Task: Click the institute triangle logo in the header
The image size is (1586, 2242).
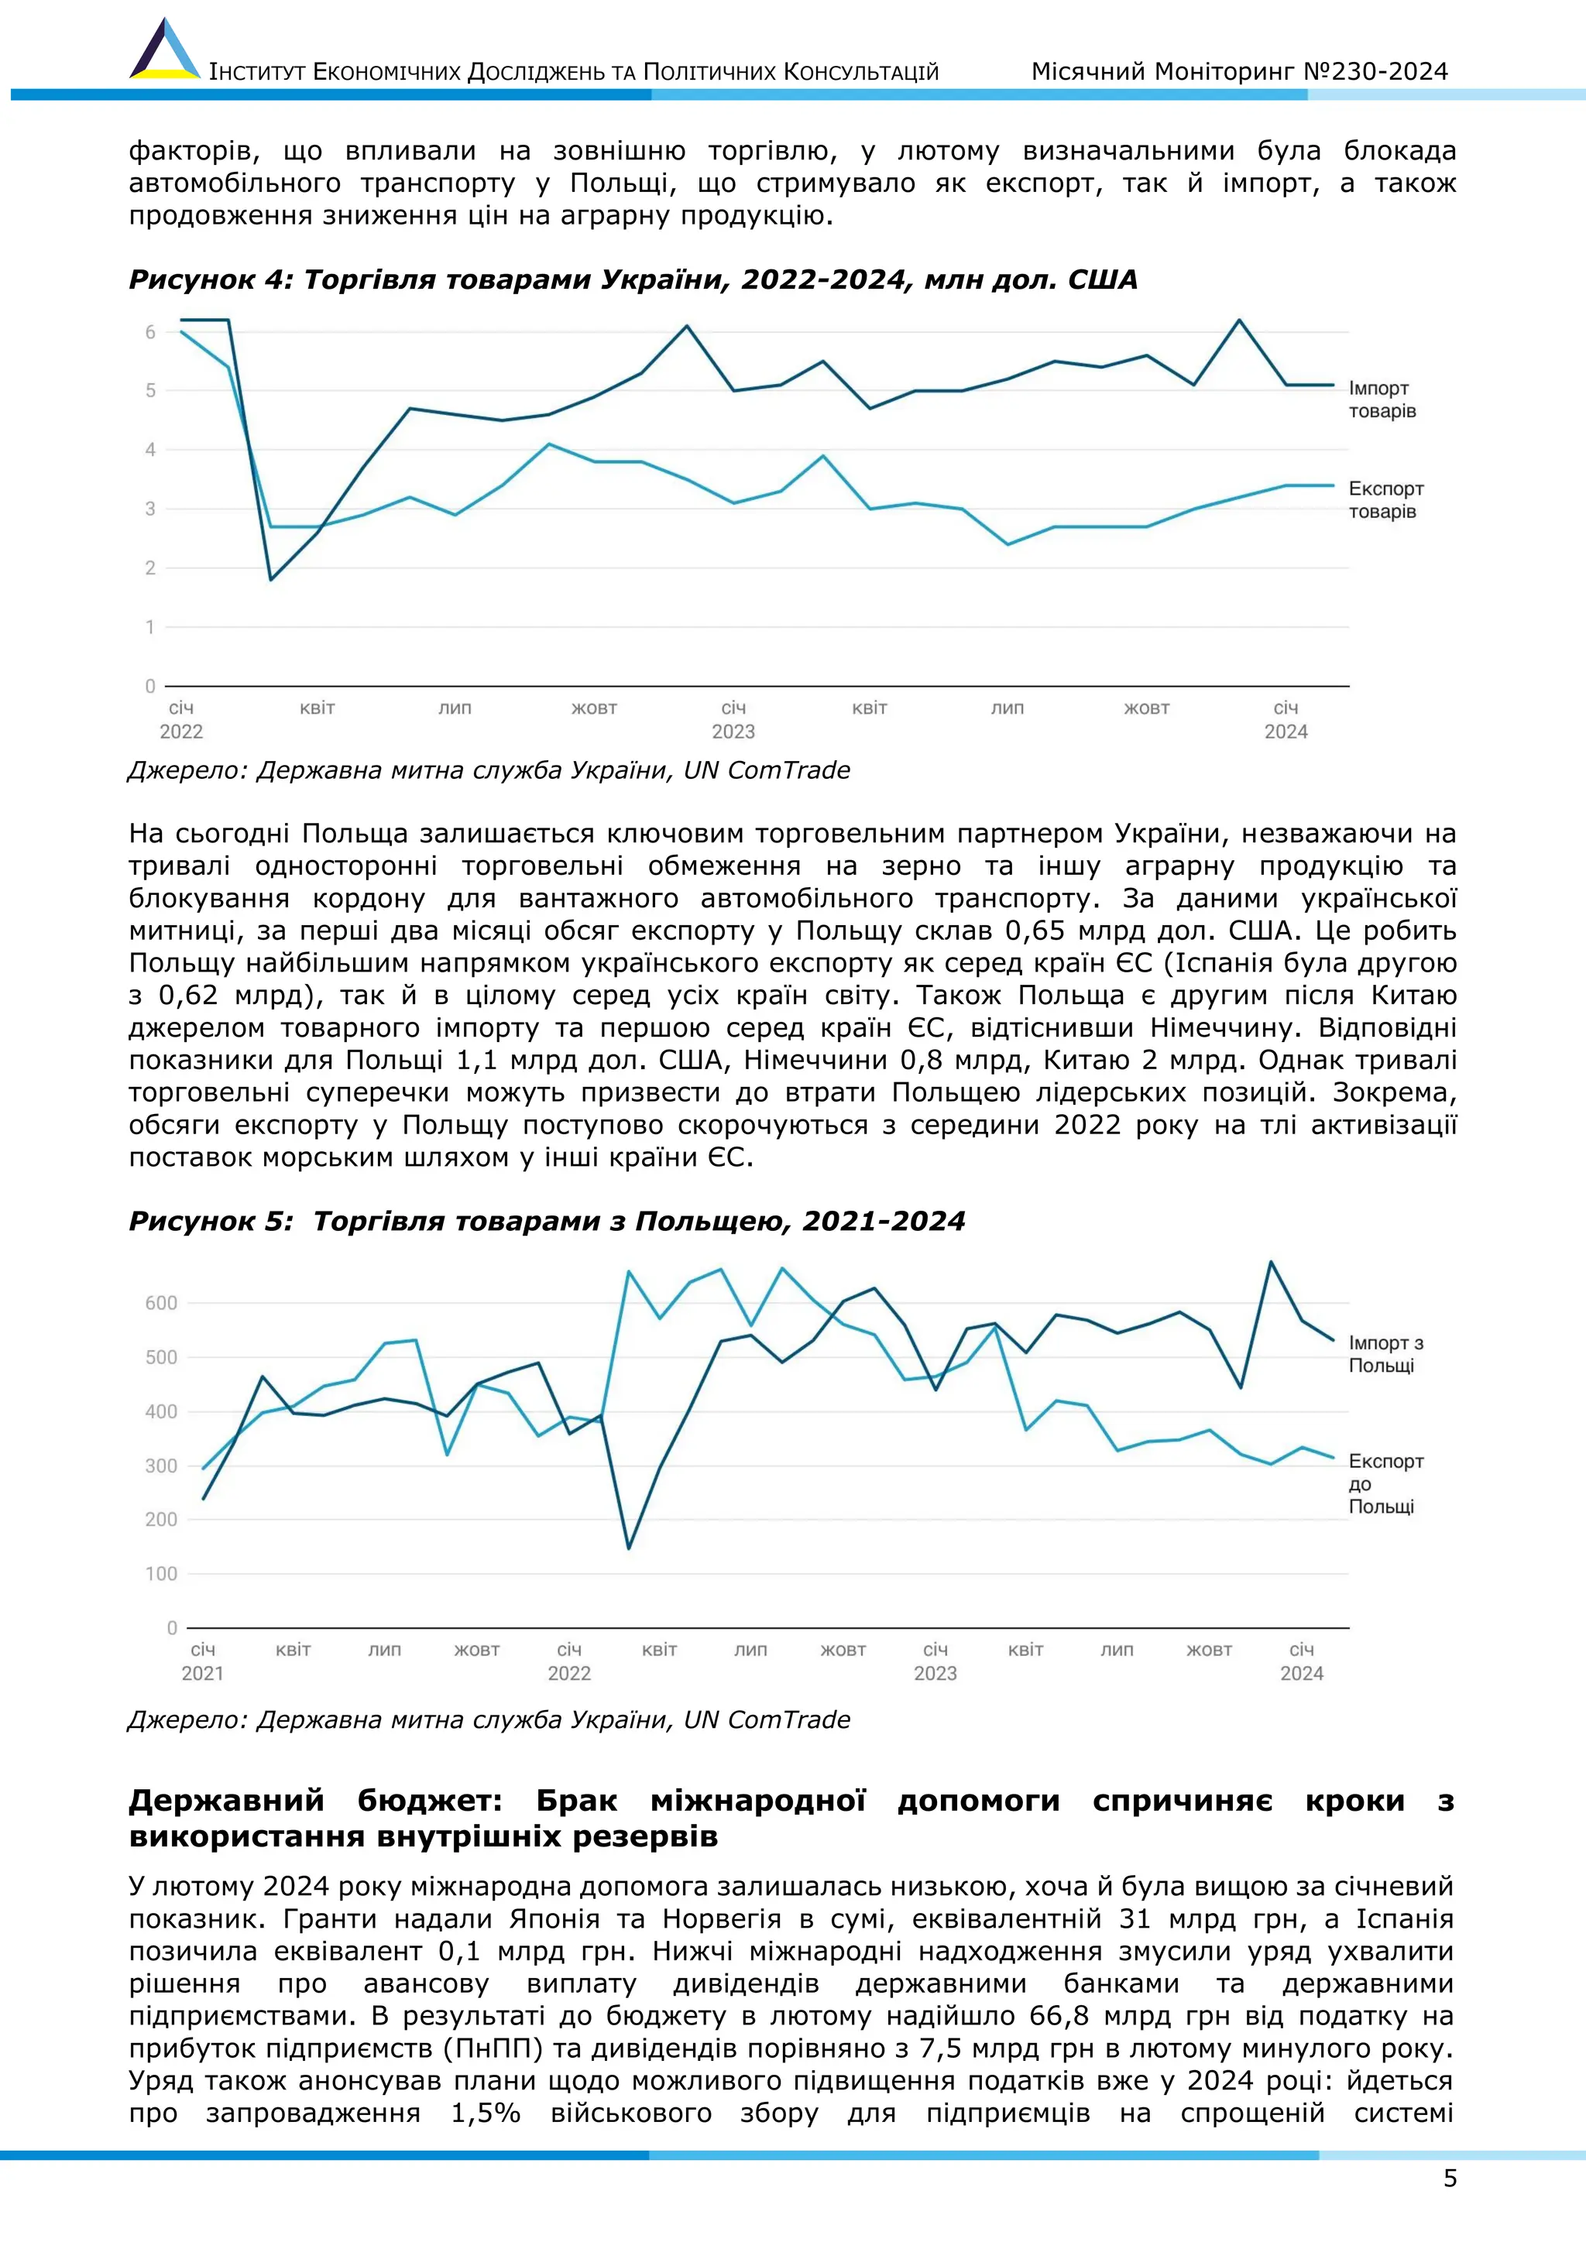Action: (164, 51)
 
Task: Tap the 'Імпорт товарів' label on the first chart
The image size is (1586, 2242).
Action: (1381, 399)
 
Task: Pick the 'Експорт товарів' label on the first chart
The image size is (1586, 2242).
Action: (1385, 500)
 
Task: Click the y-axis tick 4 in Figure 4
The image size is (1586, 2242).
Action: (150, 450)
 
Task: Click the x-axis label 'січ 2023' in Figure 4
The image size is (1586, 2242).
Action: (733, 720)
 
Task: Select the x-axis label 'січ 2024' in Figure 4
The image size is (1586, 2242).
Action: (1286, 720)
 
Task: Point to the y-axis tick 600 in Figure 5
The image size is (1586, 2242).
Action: (161, 1303)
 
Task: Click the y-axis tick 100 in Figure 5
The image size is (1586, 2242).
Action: (161, 1573)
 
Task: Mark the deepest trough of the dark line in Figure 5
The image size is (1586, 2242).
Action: (628, 1548)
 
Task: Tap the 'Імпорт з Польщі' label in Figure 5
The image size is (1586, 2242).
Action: (1385, 1354)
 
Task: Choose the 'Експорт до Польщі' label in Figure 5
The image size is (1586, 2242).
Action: (1385, 1483)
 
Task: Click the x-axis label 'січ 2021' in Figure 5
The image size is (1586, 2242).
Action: (202, 1661)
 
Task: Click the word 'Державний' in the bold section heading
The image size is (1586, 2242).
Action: (227, 1801)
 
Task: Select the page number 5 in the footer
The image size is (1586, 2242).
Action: (1449, 2178)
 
